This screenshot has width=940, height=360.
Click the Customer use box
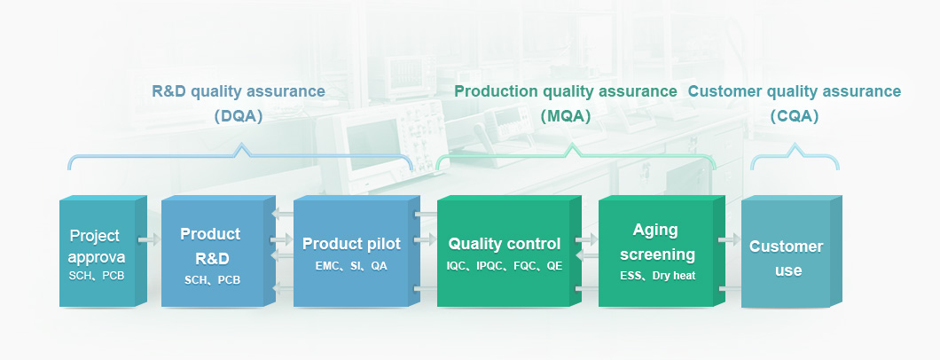tap(791, 251)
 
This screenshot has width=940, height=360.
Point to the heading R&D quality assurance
tap(239, 91)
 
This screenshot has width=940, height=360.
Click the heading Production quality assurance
tap(565, 91)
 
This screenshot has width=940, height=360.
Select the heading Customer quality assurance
tap(795, 91)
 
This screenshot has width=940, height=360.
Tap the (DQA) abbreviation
tap(239, 116)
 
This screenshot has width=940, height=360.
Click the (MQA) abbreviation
tap(565, 116)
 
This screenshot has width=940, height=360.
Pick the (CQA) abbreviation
tap(795, 116)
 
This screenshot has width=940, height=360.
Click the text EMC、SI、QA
tap(351, 267)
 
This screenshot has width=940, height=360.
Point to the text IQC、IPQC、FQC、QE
tap(505, 267)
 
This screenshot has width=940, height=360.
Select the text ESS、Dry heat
tap(658, 276)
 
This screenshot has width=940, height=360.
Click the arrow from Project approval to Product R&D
tap(149, 240)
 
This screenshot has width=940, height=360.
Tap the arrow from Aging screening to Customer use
tap(730, 240)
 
